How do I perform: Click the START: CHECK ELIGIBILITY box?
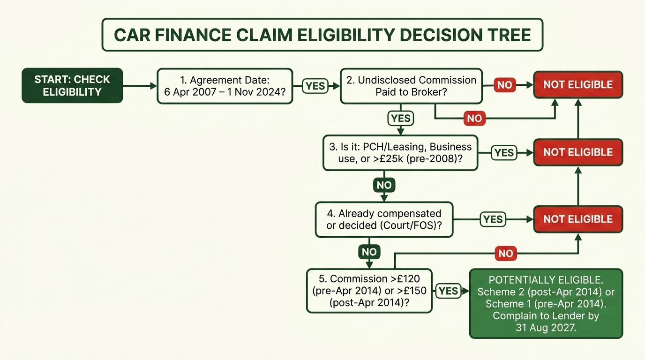click(x=72, y=85)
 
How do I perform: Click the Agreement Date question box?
click(x=225, y=86)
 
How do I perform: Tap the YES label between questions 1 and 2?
click(x=315, y=86)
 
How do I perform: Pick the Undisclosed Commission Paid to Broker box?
click(x=411, y=86)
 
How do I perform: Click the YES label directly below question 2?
click(x=400, y=119)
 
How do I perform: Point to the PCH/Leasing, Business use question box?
click(x=400, y=153)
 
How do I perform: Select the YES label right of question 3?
click(x=504, y=153)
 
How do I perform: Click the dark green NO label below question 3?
click(x=384, y=185)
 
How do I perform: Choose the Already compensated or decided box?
click(x=384, y=220)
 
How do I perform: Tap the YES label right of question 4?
click(x=493, y=219)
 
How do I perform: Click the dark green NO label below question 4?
click(x=369, y=252)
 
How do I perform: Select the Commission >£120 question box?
click(x=369, y=291)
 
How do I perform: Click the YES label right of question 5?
click(x=449, y=291)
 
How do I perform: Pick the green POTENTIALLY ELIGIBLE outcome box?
click(x=546, y=304)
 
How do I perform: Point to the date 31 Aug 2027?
click(x=546, y=328)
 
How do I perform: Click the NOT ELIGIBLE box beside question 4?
click(x=578, y=219)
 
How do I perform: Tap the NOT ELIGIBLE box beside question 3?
click(x=578, y=152)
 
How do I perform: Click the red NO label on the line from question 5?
click(x=506, y=254)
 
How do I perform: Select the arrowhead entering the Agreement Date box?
click(x=154, y=86)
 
